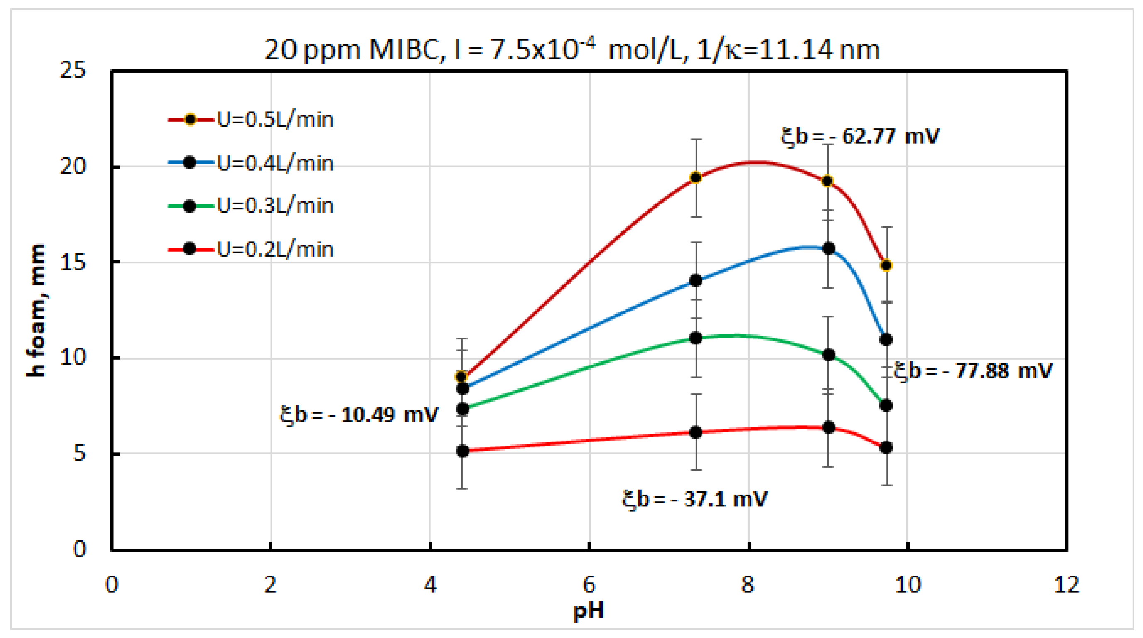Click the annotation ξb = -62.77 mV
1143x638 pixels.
860,136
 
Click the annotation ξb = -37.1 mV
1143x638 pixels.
694,499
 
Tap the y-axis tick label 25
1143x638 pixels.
73,70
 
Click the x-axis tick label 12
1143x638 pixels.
1066,585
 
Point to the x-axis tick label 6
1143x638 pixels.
589,585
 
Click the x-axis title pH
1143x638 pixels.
589,611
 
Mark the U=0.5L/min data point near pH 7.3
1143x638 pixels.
696,178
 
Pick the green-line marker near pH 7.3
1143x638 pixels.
696,338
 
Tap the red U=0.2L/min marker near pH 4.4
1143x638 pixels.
462,451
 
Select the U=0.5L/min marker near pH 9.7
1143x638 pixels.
886,265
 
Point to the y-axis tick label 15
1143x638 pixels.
73,263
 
